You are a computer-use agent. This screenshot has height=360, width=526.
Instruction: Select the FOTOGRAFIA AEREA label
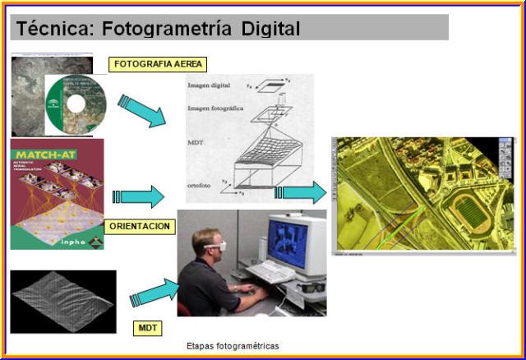pos(157,63)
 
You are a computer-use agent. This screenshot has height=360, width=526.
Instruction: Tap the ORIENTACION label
pos(140,225)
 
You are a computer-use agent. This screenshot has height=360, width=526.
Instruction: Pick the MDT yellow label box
pos(147,328)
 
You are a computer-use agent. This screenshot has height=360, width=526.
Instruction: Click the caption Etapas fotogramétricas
pos(233,346)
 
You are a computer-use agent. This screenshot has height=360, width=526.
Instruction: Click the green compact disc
pos(76,104)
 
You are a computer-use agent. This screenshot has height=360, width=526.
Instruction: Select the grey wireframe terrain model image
pos(62,301)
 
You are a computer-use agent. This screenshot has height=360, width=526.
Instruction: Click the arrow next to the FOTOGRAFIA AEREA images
pos(141,110)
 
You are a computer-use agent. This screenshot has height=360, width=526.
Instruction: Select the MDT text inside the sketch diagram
pos(196,150)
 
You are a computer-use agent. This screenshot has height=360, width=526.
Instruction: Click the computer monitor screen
pos(287,243)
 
